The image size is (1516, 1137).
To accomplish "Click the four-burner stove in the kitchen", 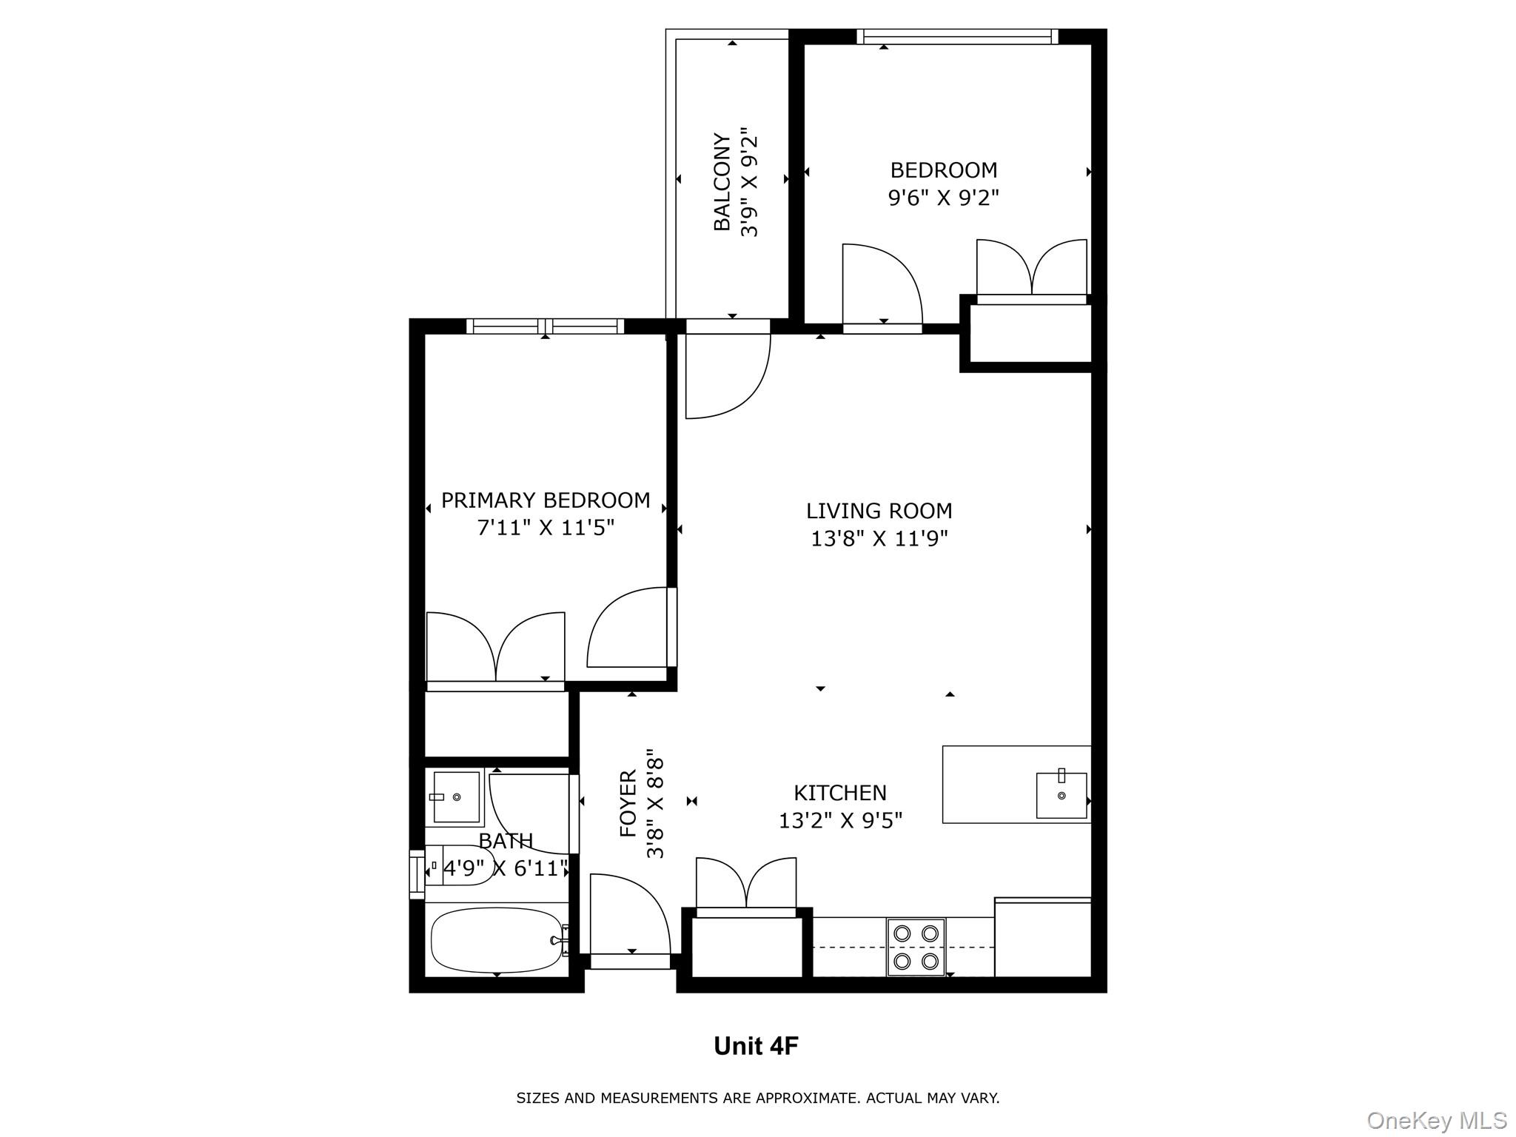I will pos(916,947).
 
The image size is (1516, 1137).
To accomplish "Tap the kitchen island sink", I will pos(1061,795).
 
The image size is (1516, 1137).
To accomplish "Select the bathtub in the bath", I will pos(496,939).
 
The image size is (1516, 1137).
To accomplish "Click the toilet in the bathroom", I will pos(463,865).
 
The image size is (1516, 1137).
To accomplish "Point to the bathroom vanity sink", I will pos(455,796).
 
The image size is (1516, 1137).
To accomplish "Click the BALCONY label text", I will pos(722,182).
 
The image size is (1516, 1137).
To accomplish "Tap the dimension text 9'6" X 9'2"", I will pos(943,198).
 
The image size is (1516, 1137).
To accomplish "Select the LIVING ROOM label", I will pos(879,511).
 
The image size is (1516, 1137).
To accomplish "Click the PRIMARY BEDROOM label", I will pos(546,500).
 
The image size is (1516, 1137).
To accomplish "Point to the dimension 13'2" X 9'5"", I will pos(840,821).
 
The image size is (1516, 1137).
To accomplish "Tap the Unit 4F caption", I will pos(756,1046).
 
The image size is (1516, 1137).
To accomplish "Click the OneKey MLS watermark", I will pos(1436,1120).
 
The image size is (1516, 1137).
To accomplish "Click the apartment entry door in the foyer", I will pos(629,918).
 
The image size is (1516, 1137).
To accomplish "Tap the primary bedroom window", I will pos(546,326).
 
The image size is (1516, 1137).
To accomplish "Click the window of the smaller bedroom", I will pos(957,36).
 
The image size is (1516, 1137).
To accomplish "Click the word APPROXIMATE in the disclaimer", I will pos(805,1098).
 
